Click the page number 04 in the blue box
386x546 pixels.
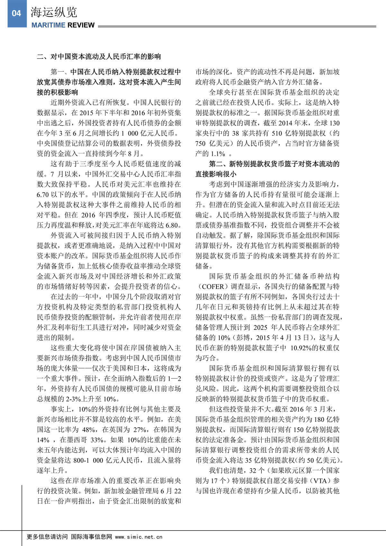16,13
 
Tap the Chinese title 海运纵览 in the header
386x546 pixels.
54,12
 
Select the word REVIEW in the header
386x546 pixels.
81,25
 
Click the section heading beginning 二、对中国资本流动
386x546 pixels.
99,57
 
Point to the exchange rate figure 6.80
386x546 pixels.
173,225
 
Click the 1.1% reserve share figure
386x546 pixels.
218,154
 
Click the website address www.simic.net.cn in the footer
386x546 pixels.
139,537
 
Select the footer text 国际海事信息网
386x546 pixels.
91,537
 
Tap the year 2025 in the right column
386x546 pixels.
260,327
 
